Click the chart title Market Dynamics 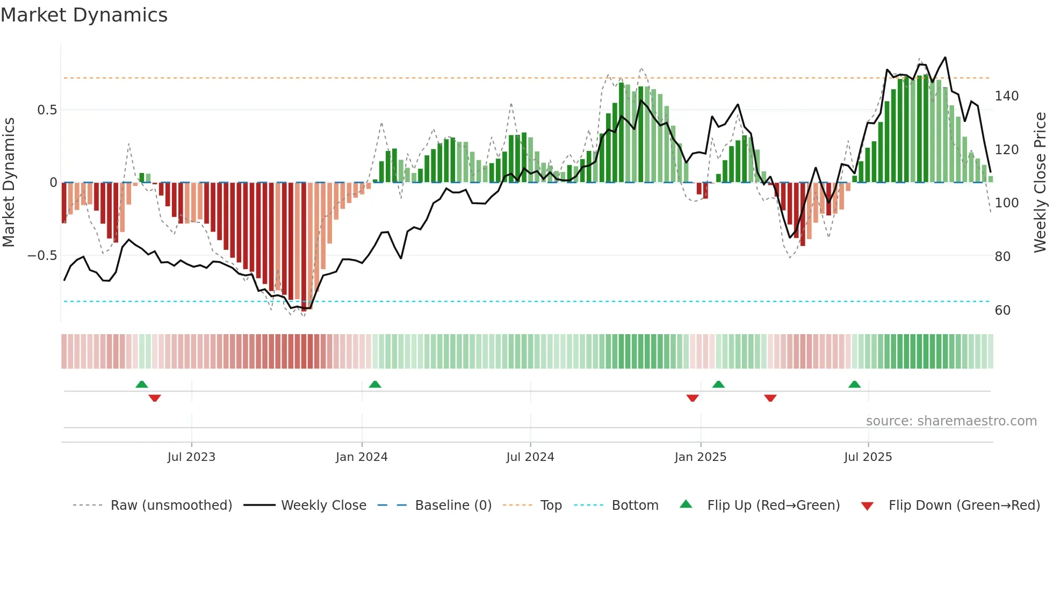84,15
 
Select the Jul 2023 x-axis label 191,457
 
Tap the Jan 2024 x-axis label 362,457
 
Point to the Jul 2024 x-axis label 530,457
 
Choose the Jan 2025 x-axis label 700,457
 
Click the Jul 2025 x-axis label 868,457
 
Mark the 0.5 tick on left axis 47,110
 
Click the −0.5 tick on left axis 42,256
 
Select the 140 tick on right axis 1006,96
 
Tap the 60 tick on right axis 1002,311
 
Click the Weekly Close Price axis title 1040,183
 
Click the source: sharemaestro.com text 951,421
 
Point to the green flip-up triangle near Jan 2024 375,385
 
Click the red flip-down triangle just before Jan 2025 693,398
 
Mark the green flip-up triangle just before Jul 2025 854,385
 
